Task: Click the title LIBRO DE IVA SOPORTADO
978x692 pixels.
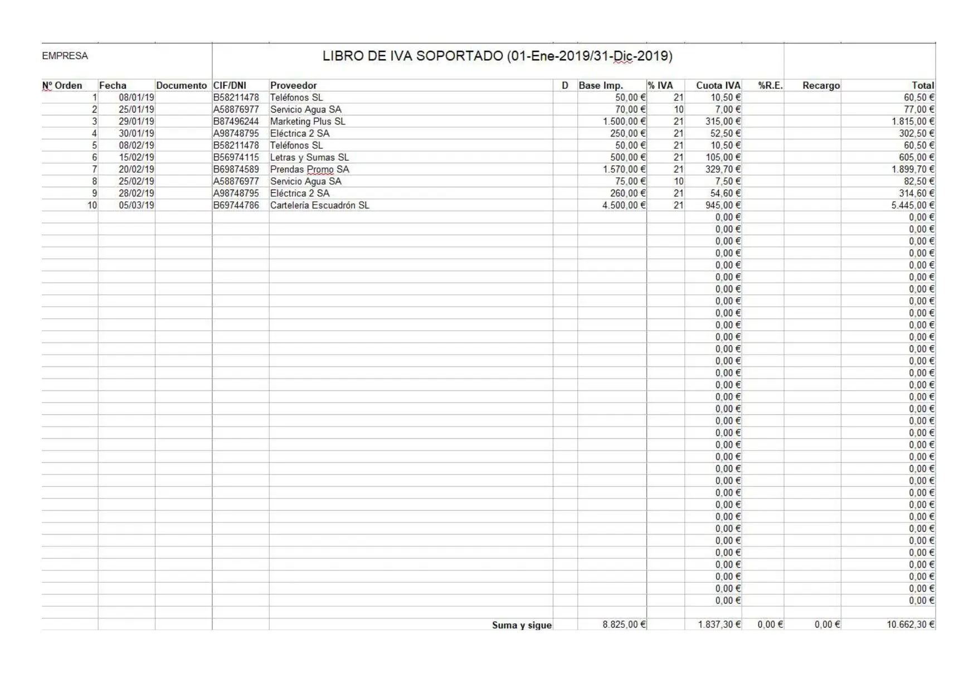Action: [497, 56]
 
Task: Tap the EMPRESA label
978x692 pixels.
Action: [65, 56]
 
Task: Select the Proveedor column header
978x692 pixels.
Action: [293, 85]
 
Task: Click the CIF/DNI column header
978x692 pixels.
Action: [230, 85]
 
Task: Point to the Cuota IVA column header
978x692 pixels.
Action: [718, 85]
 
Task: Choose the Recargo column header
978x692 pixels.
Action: [820, 85]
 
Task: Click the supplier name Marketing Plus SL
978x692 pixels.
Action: [308, 122]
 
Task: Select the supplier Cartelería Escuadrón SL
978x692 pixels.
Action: [319, 205]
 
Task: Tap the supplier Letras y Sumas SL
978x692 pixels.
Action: [309, 157]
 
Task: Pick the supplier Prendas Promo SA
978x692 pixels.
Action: [309, 170]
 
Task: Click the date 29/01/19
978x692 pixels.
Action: [136, 122]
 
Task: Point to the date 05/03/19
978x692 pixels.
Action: [136, 205]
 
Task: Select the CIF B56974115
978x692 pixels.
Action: [236, 157]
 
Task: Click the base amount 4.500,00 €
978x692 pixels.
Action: [624, 205]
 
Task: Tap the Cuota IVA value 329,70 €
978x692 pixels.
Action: [723, 170]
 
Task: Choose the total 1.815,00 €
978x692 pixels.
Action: [913, 122]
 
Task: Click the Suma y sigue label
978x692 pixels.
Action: [522, 625]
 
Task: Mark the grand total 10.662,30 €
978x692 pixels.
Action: [911, 625]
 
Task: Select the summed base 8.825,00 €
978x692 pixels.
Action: [624, 625]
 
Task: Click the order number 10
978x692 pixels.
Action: [92, 205]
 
